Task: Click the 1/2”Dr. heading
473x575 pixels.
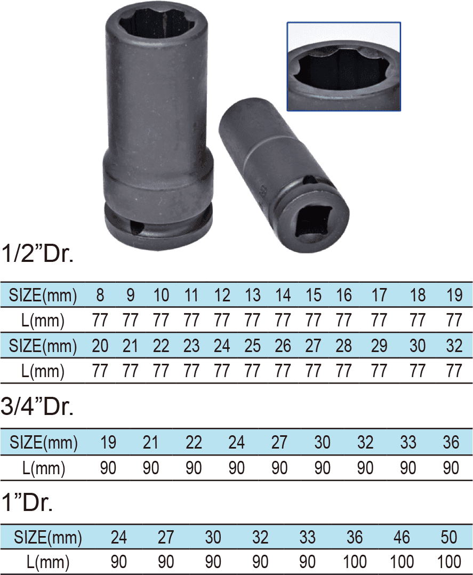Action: (37, 253)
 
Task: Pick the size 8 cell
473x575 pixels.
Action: (100, 295)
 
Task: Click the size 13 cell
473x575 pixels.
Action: (253, 295)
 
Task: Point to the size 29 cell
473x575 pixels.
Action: (379, 346)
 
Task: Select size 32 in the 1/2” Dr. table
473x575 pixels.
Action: (454, 346)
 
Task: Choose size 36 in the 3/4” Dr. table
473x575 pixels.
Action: (451, 442)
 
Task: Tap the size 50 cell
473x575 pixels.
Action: (450, 537)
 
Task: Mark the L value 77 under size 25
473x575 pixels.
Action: (253, 371)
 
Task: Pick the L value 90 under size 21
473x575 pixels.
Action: (151, 468)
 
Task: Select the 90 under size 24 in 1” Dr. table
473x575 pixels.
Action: (119, 562)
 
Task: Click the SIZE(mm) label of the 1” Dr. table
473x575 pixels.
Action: (48, 537)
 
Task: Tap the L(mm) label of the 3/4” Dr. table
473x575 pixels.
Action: (44, 468)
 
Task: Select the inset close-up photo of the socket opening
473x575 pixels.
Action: (343, 66)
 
